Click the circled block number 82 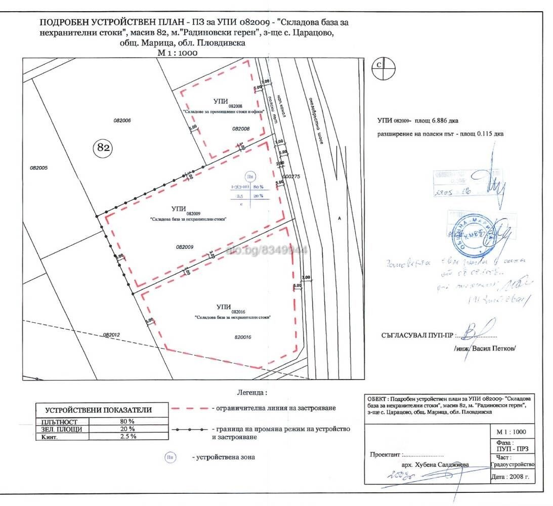point(103,148)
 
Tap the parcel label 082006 point(122,120)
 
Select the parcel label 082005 point(38,167)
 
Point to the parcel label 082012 point(111,334)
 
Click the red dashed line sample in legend point(189,408)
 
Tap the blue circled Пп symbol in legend point(171,457)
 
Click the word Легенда point(251,392)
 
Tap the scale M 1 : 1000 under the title point(178,52)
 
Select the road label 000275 point(292,177)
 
